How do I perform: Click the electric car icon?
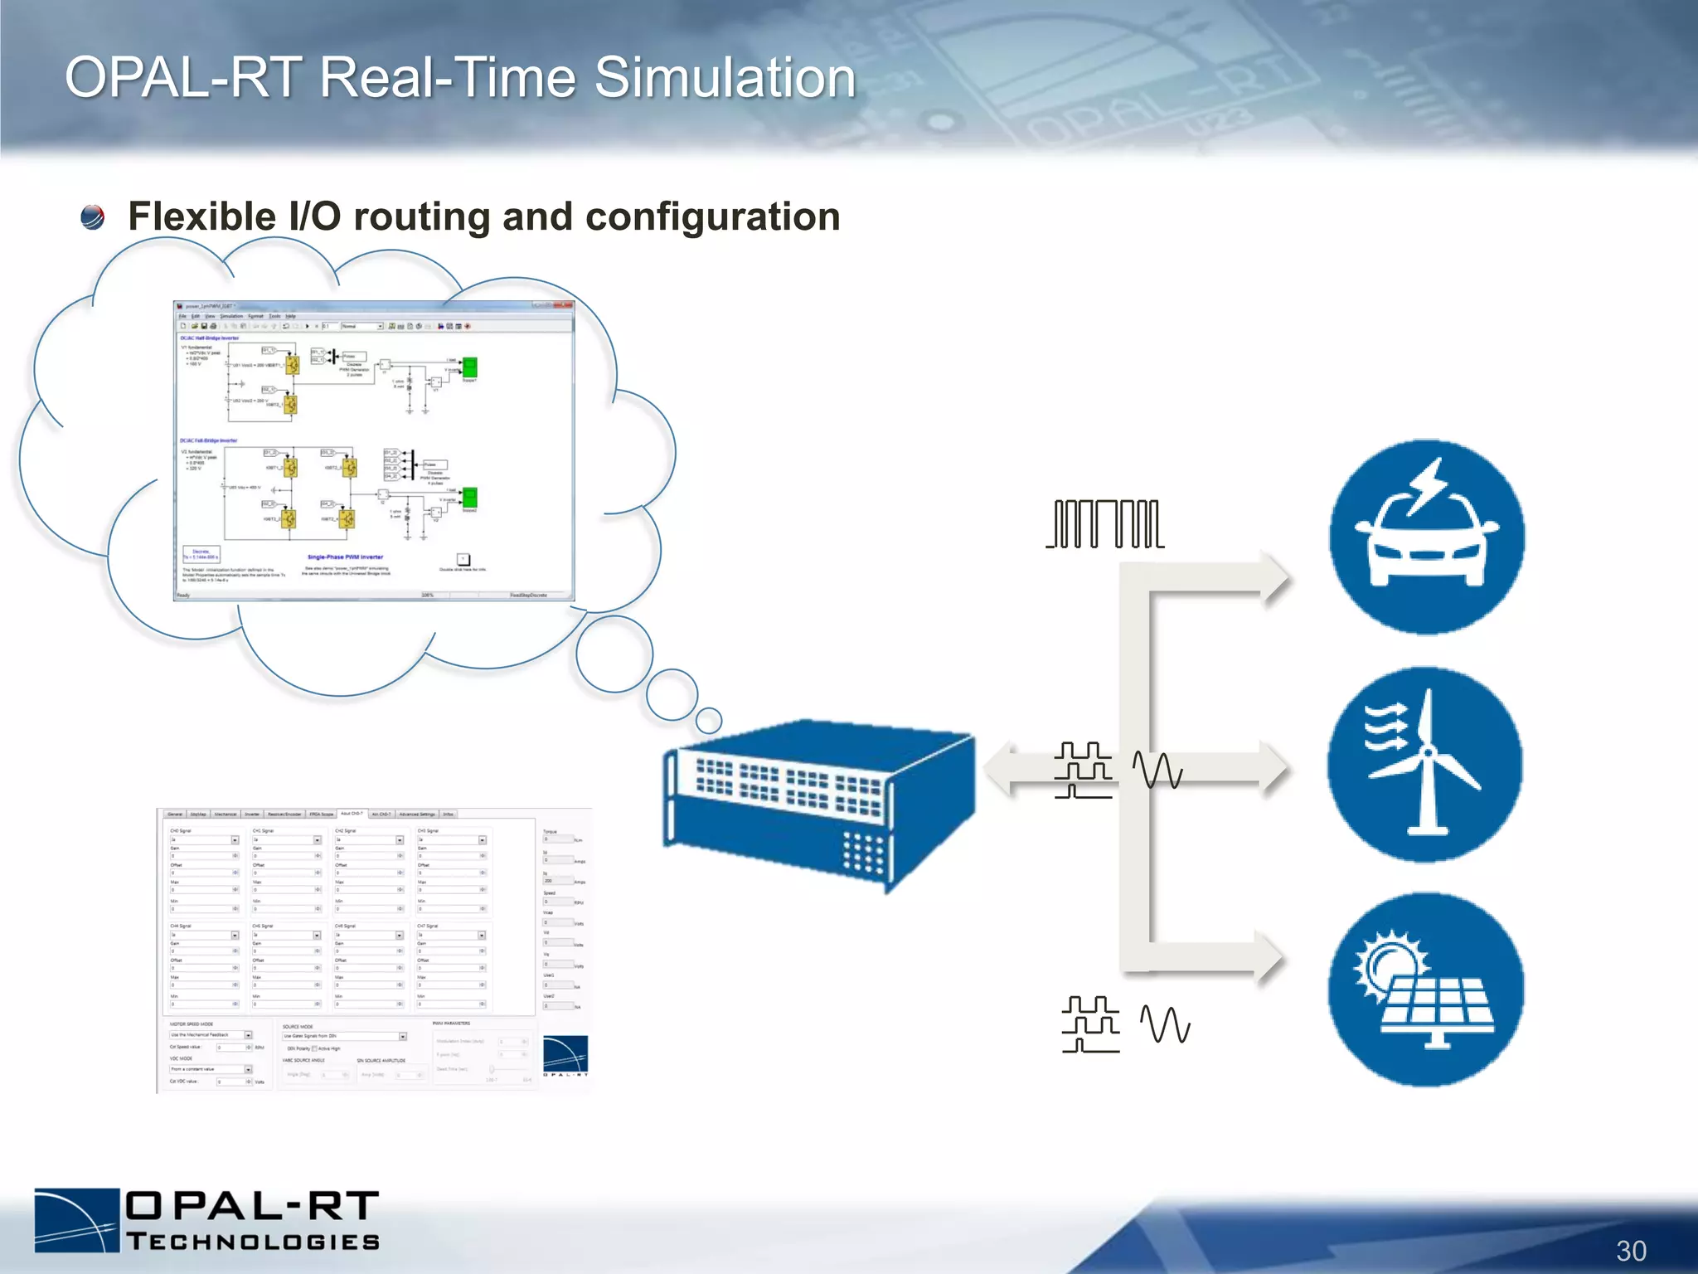coord(1426,537)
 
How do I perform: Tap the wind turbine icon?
coord(1424,764)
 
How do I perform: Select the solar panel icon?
coord(1425,990)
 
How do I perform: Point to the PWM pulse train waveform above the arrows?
coord(1106,523)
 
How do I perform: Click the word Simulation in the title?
coord(725,78)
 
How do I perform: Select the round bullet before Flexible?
coord(93,217)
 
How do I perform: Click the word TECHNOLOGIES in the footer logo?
coord(253,1242)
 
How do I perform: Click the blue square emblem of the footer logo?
coord(77,1219)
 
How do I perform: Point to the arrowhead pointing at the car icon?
coord(1273,577)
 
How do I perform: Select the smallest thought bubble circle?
coord(709,720)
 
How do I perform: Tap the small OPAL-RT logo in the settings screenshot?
coord(565,1055)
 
